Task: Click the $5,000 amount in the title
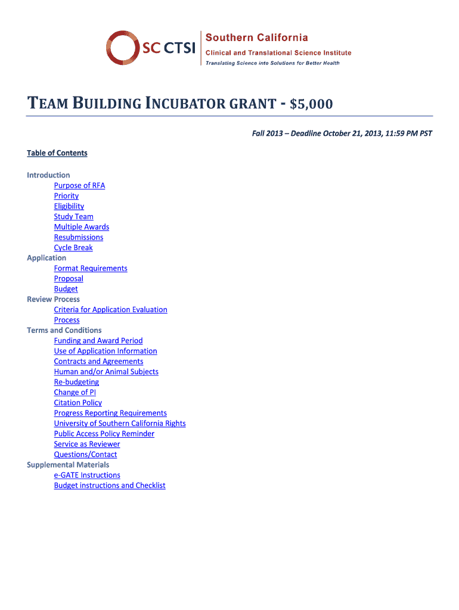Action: tap(311, 105)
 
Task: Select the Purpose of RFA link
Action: tap(79, 185)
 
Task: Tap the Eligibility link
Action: tap(69, 206)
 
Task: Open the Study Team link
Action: tap(73, 216)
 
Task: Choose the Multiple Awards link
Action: tap(82, 227)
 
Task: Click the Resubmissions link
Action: tap(79, 237)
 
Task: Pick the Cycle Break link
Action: tap(73, 247)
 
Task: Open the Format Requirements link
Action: tap(91, 268)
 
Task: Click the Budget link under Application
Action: tap(66, 289)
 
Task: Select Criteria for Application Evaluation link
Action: tap(110, 310)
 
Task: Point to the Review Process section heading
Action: tap(53, 299)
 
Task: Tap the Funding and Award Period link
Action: tap(98, 341)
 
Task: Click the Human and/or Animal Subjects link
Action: tap(106, 372)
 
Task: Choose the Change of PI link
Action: tap(75, 392)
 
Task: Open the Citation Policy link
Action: tap(78, 403)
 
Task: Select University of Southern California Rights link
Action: tap(120, 424)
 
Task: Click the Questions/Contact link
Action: tap(85, 455)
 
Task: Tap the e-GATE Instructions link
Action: tap(87, 475)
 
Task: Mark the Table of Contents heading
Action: tap(57, 153)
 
